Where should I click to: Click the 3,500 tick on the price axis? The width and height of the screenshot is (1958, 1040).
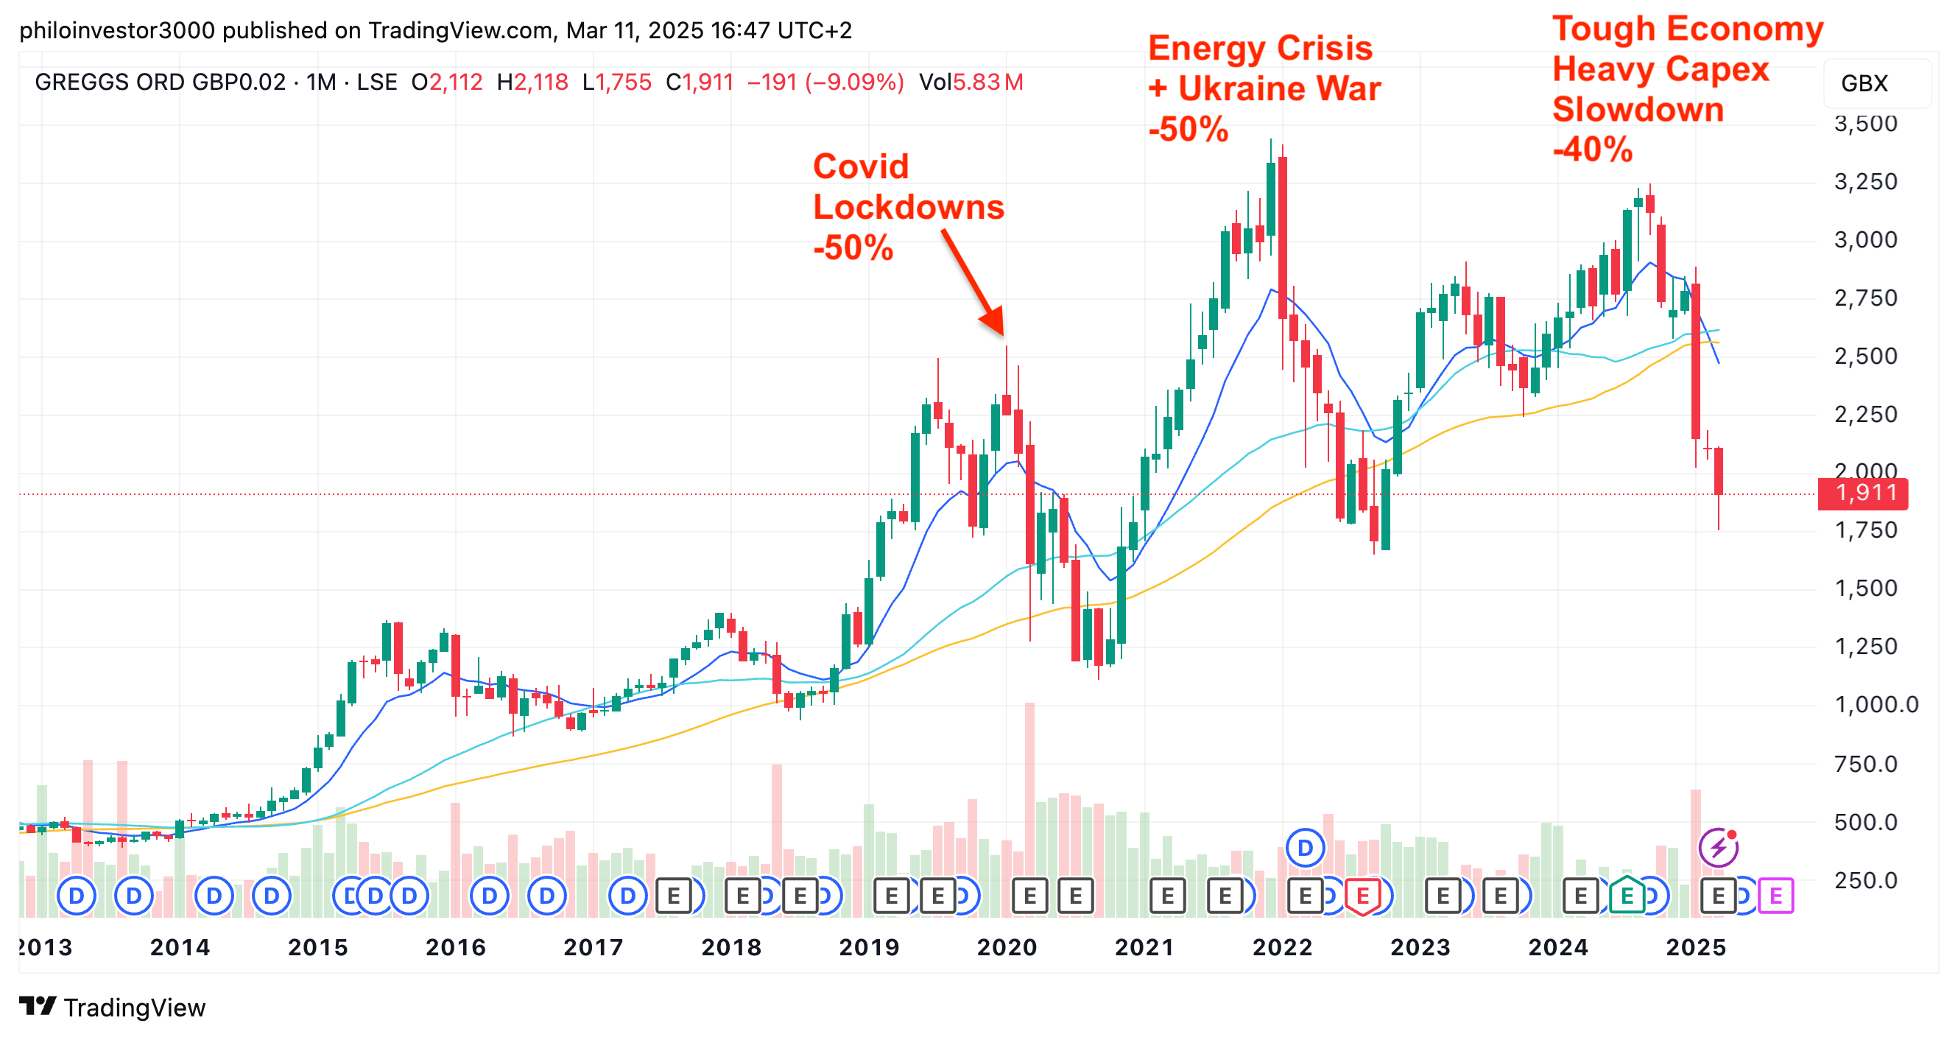pos(1865,123)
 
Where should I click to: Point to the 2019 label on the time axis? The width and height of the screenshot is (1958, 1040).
pos(869,947)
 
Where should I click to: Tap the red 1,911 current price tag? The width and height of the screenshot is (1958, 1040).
pos(1864,493)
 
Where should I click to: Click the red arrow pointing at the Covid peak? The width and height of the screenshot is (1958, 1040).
pos(973,282)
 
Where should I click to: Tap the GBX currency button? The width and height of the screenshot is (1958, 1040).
pos(1864,83)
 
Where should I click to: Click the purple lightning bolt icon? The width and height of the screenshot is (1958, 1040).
pos(1718,847)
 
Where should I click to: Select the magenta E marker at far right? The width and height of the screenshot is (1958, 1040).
pos(1775,896)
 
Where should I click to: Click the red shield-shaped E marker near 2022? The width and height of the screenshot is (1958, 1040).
pos(1362,896)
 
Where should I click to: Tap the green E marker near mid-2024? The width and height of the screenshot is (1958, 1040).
pos(1627,896)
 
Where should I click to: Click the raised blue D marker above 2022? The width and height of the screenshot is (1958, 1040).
pos(1305,847)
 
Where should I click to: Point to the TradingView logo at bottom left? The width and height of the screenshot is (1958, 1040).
pos(113,1008)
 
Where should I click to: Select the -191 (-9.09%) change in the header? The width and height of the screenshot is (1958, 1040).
pos(825,82)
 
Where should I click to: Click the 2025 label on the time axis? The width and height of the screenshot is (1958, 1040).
pos(1696,947)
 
